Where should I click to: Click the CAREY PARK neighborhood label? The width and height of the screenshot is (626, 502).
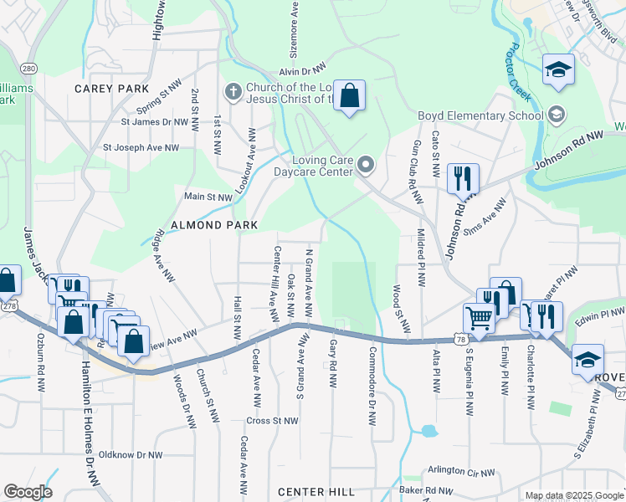pyautogui.click(x=111, y=89)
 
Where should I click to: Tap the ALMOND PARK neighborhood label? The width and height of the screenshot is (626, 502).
pyautogui.click(x=209, y=225)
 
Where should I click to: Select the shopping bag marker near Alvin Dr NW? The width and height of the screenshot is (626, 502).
pyautogui.click(x=351, y=96)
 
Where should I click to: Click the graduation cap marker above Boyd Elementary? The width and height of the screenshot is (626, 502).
pyautogui.click(x=557, y=70)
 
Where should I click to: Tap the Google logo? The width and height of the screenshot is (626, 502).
pyautogui.click(x=28, y=492)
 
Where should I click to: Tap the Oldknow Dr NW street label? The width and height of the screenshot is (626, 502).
pyautogui.click(x=129, y=454)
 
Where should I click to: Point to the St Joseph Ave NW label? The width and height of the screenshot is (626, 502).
pyautogui.click(x=141, y=147)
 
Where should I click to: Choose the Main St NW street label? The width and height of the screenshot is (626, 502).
pyautogui.click(x=208, y=197)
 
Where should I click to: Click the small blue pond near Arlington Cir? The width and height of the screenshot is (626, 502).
pyautogui.click(x=429, y=432)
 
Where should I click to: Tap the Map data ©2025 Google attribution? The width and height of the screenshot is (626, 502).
pyautogui.click(x=574, y=495)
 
